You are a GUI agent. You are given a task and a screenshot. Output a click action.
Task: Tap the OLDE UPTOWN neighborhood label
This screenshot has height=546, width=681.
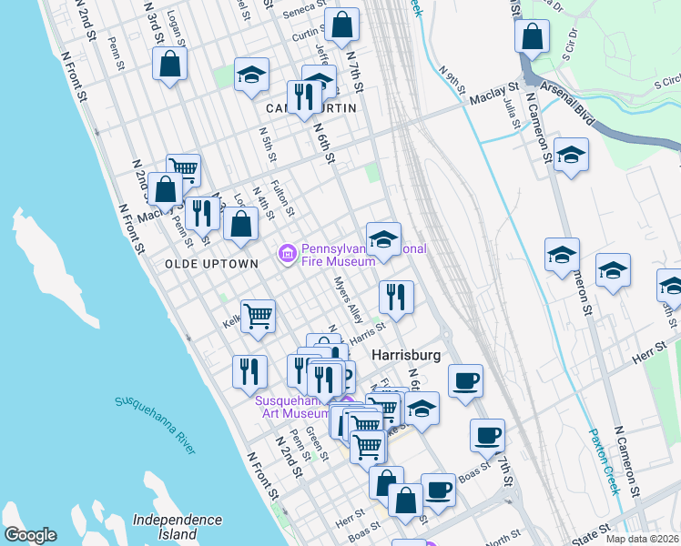coord(211,263)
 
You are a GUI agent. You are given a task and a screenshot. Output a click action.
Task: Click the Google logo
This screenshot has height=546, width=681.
coord(30,535)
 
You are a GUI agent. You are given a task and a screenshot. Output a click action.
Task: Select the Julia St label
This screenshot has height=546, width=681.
coord(511,117)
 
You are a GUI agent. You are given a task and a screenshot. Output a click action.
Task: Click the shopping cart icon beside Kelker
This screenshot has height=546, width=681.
coord(259,316)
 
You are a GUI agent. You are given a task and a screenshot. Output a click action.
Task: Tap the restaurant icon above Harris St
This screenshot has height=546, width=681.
coord(396,296)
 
